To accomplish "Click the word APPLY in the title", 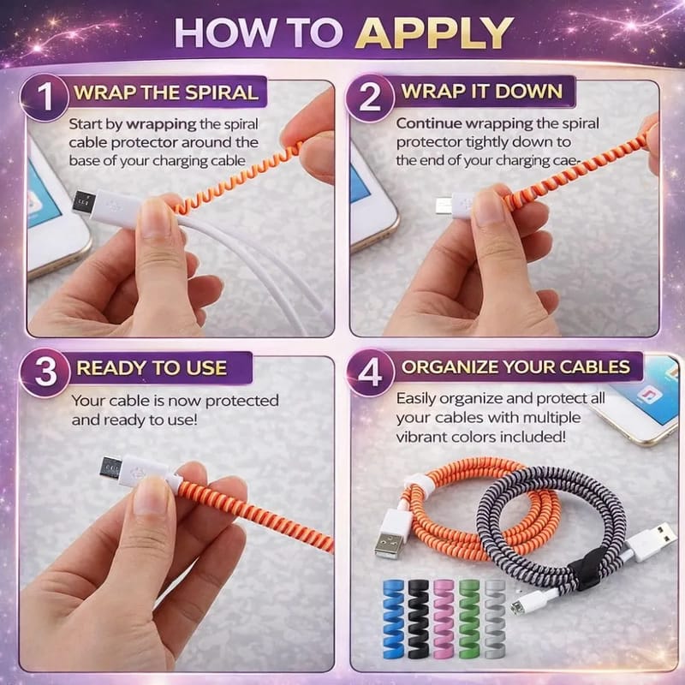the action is pos(434,33).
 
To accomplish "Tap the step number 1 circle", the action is pos(45,97).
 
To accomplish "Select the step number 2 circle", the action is pos(370,98).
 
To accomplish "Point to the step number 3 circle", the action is pos(45,372).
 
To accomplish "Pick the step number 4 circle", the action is pos(371,372).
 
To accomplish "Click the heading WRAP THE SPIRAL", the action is pos(166,92).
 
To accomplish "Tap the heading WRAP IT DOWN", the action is pos(481,92).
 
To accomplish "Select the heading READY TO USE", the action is pos(152,368).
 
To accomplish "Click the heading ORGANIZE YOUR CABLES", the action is pos(515,367).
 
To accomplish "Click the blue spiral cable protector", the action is pos(394,619).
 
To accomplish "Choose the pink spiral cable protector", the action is pos(444,619).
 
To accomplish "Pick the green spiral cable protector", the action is pos(469,619).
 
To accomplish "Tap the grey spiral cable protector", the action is pos(495,618).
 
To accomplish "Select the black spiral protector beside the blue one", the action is pos(419,619).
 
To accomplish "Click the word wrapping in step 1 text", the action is pos(161,124).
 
